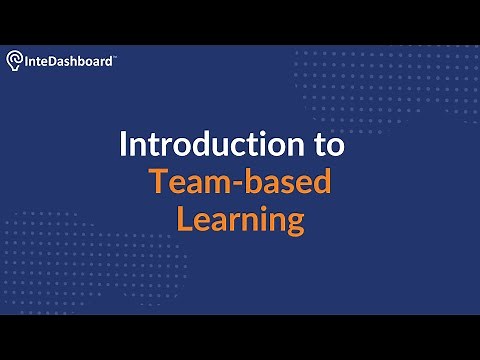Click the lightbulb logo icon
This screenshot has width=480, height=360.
(x=16, y=62)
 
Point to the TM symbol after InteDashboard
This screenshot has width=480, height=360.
(x=115, y=58)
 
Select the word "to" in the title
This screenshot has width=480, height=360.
(x=323, y=145)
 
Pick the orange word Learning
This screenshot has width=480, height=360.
(x=240, y=219)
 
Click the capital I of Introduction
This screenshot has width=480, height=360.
(x=123, y=145)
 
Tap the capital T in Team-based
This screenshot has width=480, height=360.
(x=158, y=182)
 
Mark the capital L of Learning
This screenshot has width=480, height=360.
(x=184, y=219)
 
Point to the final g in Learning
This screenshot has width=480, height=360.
(x=294, y=223)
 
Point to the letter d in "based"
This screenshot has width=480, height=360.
(x=319, y=182)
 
